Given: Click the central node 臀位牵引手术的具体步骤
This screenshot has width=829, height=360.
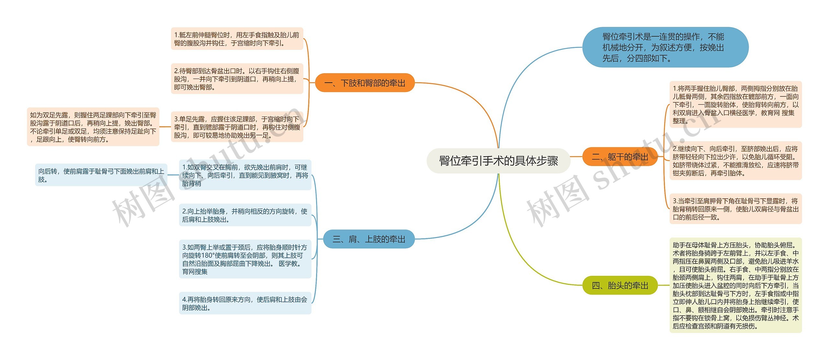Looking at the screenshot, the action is [x=498, y=161].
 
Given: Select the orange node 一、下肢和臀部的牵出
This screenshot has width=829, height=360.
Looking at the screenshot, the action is [x=365, y=83].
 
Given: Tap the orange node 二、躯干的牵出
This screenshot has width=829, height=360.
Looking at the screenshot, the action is [x=620, y=157].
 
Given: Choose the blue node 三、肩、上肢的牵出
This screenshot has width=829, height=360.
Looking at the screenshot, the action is [x=369, y=239].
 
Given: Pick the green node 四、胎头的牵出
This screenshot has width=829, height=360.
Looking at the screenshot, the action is [x=620, y=286].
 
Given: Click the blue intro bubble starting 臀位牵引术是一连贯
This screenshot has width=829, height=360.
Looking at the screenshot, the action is [x=665, y=47].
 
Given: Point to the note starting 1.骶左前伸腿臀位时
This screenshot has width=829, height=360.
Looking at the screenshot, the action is [x=237, y=39].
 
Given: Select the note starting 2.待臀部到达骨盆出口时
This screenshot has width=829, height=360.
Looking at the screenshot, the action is [x=237, y=79].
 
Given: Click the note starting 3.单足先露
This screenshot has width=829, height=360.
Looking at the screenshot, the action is [x=237, y=127].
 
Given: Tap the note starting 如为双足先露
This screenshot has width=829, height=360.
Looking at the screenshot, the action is [x=93, y=127].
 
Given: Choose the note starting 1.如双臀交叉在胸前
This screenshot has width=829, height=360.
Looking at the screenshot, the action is [x=245, y=175].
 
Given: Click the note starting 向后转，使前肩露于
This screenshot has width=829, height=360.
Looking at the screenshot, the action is [x=101, y=175].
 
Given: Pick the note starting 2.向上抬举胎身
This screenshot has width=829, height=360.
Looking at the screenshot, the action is [x=245, y=215].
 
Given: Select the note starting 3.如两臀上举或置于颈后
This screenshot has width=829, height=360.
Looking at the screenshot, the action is [x=245, y=259].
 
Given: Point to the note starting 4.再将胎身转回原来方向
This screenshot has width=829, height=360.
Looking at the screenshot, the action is [x=245, y=303].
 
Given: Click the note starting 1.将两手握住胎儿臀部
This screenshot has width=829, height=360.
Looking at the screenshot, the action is [x=735, y=105].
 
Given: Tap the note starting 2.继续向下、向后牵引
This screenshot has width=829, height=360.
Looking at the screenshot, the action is [x=735, y=161].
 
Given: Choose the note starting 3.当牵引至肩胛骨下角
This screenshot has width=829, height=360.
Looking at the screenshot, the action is [x=735, y=209].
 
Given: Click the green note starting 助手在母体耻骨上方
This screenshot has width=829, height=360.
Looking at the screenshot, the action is [x=735, y=286].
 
